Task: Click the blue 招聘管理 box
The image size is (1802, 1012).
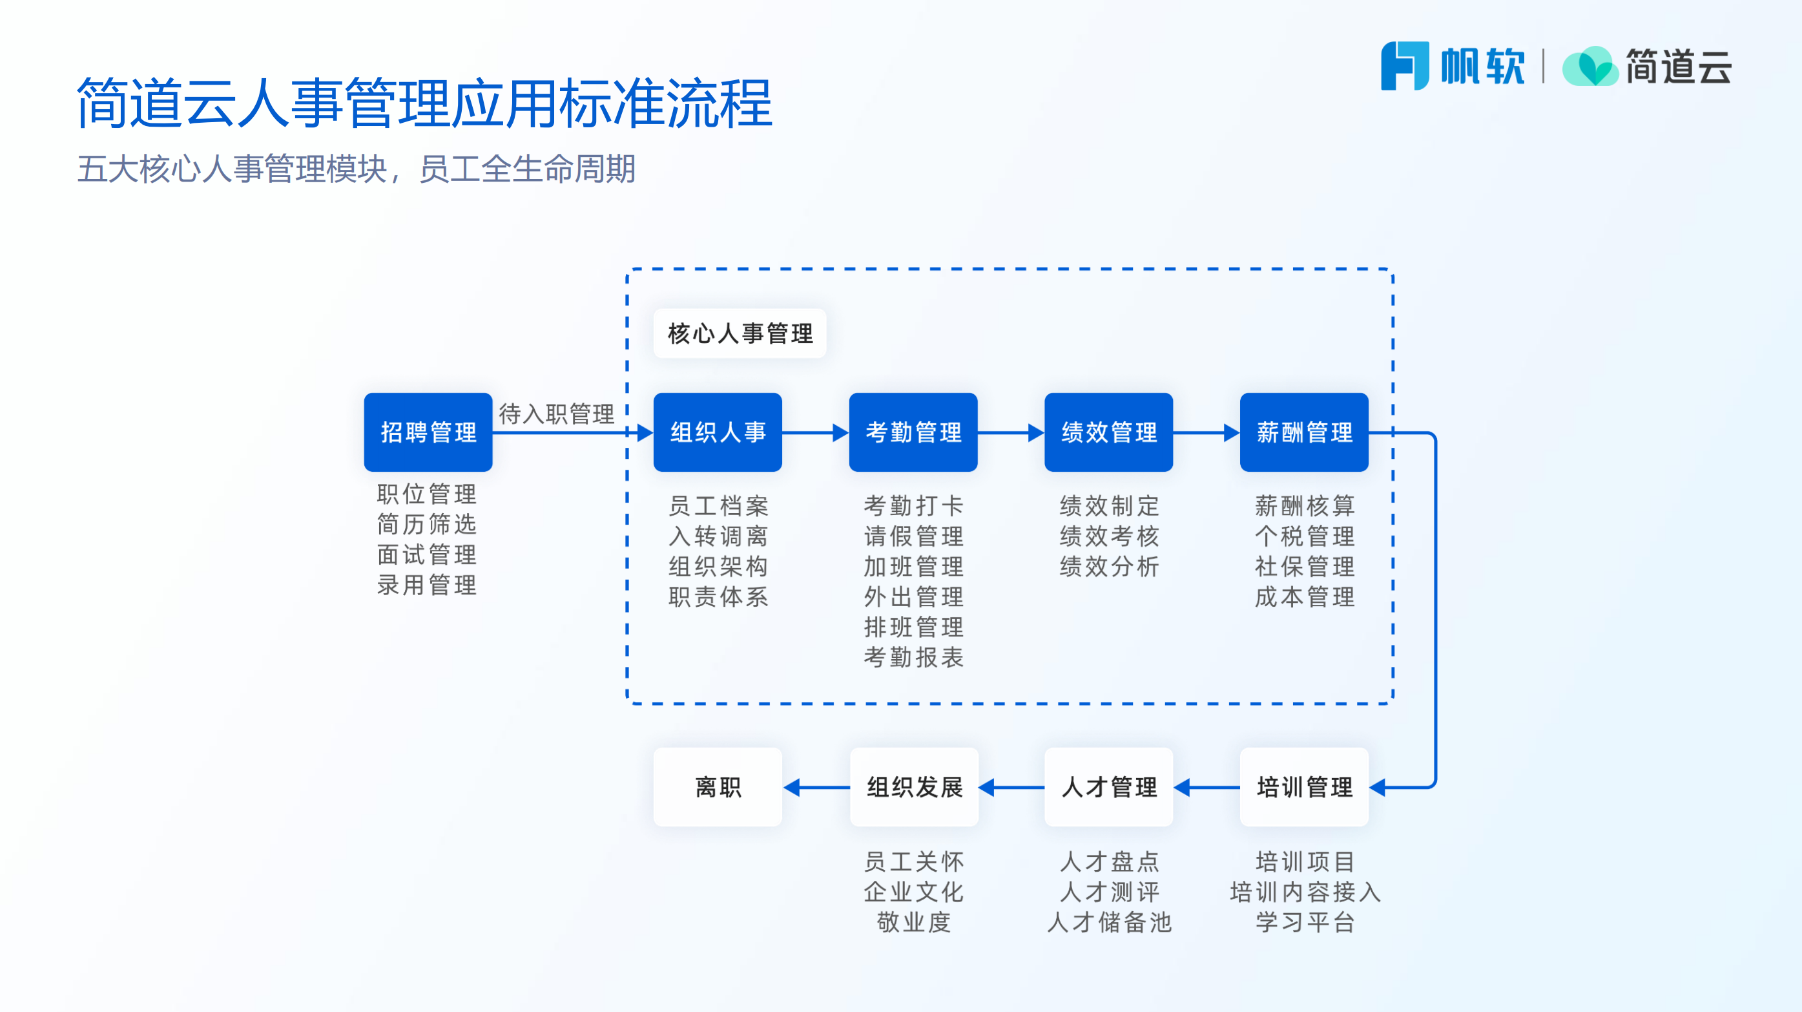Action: pos(428,432)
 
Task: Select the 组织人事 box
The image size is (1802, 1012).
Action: pos(718,432)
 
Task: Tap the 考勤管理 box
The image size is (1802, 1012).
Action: pos(913,432)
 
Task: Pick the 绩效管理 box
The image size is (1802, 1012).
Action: pos(1108,432)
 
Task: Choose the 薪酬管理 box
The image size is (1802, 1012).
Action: pos(1304,432)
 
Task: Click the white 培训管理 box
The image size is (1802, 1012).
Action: pos(1304,786)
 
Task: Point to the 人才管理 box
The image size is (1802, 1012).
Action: pos(1108,786)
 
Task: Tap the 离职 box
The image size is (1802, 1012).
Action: pos(718,786)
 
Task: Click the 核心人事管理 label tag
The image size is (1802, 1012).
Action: pos(740,333)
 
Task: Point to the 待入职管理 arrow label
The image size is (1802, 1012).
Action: pos(556,414)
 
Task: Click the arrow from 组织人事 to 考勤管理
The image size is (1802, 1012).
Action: pos(815,432)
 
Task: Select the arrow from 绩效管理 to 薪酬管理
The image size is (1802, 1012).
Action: pos(1206,432)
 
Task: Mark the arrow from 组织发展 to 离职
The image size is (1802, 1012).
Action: pos(816,787)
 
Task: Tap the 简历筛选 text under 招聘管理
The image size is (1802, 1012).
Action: pos(427,524)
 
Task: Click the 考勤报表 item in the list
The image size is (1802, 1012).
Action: pos(913,657)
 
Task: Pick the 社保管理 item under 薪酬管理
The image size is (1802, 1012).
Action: pos(1304,566)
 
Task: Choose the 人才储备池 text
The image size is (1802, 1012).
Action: pos(1108,922)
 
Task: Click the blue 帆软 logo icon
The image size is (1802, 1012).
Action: pos(1404,66)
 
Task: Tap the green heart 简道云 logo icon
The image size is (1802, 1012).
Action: pos(1590,67)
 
